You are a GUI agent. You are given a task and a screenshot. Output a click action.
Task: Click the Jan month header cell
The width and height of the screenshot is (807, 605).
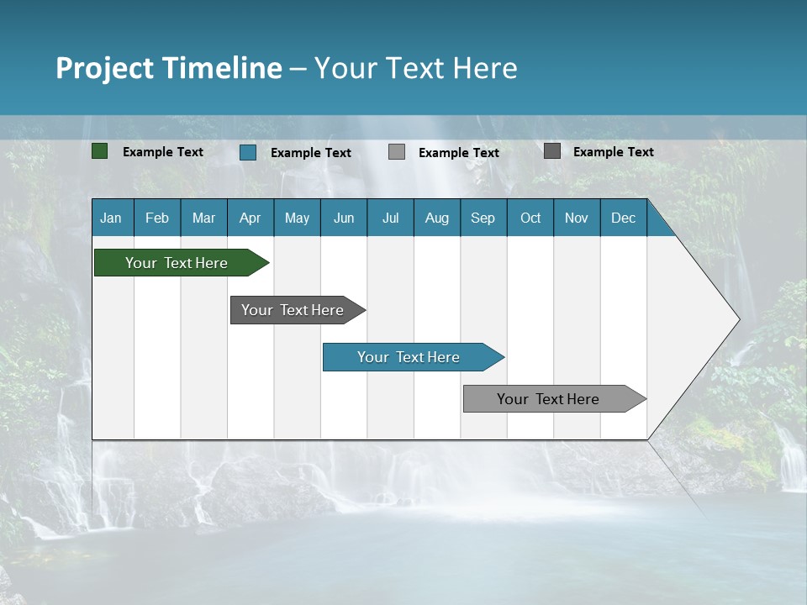(x=112, y=218)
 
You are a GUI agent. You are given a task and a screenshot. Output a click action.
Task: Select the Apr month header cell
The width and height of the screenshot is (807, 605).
(x=251, y=218)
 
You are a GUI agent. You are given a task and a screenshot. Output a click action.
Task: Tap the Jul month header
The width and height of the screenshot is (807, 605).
(x=390, y=218)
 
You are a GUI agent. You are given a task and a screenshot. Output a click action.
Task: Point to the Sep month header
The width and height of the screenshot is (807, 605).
(x=483, y=218)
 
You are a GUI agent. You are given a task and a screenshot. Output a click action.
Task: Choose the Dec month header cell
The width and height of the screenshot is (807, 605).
(x=623, y=218)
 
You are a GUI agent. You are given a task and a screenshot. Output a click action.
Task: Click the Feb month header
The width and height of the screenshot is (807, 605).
(x=157, y=218)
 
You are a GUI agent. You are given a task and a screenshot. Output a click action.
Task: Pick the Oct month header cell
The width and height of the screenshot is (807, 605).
(x=530, y=218)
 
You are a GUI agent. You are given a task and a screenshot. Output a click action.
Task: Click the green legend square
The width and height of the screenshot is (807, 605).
(x=100, y=151)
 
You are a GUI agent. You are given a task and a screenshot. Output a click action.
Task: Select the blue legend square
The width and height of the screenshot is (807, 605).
(x=248, y=152)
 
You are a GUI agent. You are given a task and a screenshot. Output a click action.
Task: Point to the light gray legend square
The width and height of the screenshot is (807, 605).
(x=397, y=152)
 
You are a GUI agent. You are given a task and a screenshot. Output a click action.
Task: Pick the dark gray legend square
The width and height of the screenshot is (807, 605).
(x=552, y=151)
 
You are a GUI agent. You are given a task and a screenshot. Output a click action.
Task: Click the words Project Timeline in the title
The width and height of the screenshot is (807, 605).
(x=169, y=68)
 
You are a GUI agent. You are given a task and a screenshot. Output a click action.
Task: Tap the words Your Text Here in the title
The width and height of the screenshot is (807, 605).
(x=415, y=68)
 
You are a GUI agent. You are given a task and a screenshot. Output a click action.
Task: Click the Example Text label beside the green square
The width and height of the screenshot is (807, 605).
(x=163, y=152)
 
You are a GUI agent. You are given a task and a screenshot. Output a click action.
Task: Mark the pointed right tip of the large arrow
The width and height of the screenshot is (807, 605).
(x=738, y=319)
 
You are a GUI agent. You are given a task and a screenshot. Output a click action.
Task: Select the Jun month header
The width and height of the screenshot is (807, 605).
(x=344, y=218)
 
